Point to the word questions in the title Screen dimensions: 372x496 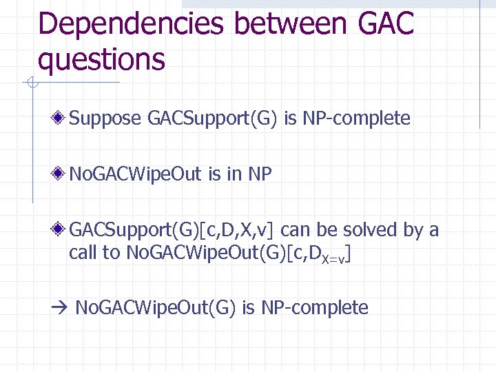[102, 59]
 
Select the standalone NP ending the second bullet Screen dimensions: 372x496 [260, 174]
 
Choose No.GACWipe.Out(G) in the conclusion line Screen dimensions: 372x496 [155, 307]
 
